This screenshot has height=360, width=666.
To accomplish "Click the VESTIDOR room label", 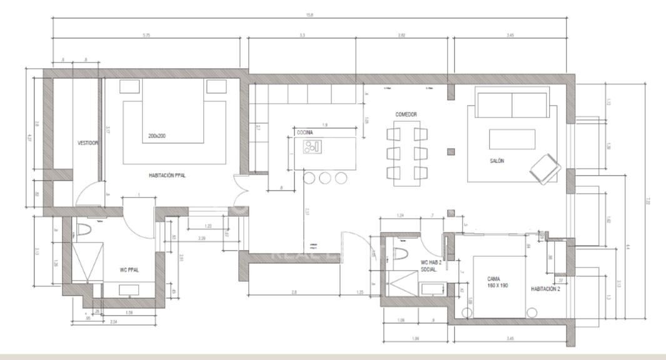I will coord(88,143).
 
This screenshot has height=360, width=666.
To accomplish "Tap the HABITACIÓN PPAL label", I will coord(167,176).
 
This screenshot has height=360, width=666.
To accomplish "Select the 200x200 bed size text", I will coord(158,136).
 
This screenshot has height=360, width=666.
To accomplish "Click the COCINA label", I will coord(305,132).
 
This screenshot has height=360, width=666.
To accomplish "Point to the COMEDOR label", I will coord(406,114).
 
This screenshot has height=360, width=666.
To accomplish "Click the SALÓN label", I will coord(497,161).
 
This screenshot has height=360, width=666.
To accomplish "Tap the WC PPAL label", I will coord(129,270).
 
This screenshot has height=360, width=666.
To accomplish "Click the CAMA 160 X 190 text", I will coord(498,282).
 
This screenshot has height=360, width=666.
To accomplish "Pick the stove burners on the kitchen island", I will coord(311,147).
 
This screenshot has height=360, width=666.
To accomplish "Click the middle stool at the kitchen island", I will coord(325,178).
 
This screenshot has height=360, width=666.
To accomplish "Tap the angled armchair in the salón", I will coord(545,167).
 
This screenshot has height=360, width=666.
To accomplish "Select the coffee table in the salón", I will coord(512,139).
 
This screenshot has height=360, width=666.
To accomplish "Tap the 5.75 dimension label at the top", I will coord(146,35).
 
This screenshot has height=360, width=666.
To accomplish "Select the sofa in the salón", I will coord(512,103).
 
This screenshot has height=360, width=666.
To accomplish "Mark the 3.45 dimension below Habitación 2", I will coord(510,339).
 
